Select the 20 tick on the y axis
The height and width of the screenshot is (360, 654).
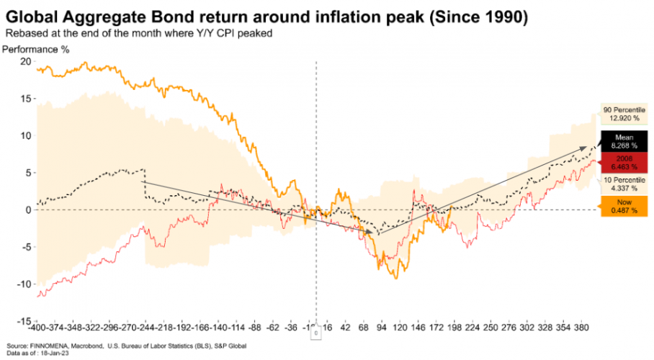[x=25, y=62]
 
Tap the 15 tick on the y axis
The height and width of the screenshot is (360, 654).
[x=25, y=99]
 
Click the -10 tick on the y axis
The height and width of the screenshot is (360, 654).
[x=23, y=284]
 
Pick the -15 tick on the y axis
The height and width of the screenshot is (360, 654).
[x=23, y=320]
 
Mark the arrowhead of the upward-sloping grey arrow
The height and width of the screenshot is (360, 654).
[x=585, y=148]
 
